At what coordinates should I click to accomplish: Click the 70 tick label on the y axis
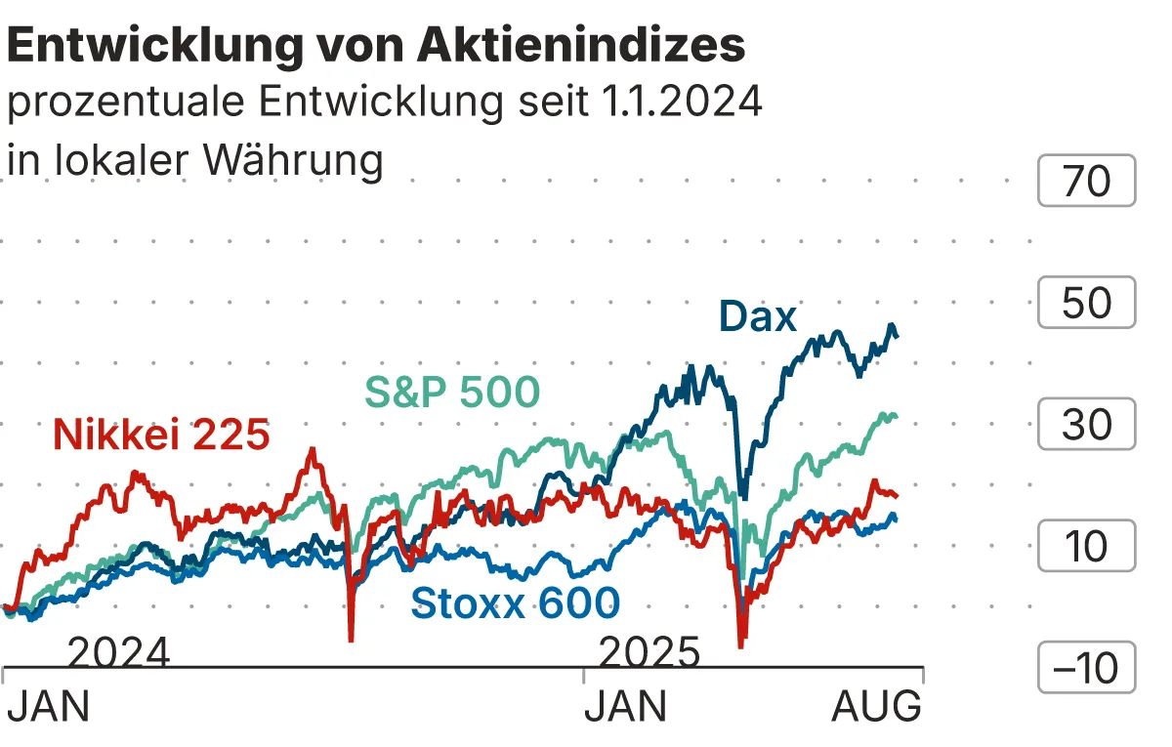coord(1086,182)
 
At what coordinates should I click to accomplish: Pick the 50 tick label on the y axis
coord(1086,304)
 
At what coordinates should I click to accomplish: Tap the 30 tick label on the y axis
coord(1086,425)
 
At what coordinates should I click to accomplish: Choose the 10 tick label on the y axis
coord(1086,547)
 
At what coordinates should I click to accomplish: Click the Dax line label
coord(758,316)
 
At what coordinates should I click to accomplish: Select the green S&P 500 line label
coord(452,393)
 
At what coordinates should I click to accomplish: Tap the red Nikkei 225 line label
coord(161,435)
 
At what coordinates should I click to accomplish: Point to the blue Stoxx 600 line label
coord(516,602)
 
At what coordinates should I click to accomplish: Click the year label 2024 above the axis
coord(119,652)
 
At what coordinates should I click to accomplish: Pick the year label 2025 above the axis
coord(649,652)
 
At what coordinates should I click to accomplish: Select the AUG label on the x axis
coord(876,706)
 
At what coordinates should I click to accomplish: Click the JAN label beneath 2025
coord(626,706)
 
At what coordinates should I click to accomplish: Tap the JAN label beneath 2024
coord(48,706)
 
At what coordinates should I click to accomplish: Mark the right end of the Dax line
coord(898,336)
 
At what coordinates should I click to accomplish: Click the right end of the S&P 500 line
coord(896,417)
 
